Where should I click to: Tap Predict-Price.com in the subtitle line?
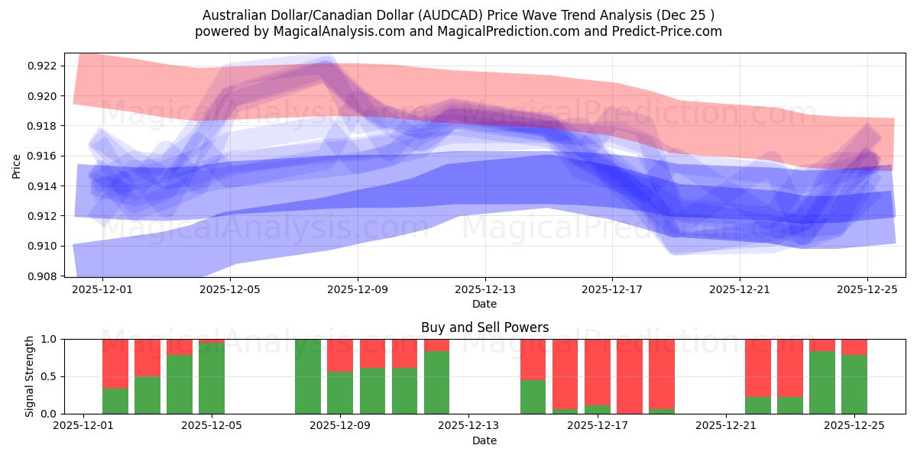tap(670, 31)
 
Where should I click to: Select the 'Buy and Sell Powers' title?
tap(484, 327)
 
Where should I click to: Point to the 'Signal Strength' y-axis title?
tap(30, 376)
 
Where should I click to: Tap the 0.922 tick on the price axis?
tap(44, 66)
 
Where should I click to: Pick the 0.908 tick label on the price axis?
tap(44, 276)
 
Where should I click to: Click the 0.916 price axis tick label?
tap(44, 156)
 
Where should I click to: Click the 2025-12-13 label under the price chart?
tap(484, 289)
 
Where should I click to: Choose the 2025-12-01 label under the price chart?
tap(103, 289)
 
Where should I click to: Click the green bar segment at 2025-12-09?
tap(340, 392)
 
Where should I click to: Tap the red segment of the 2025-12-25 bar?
tap(854, 347)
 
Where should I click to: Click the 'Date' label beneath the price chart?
tap(484, 304)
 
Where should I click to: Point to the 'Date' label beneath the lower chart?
tap(484, 440)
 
